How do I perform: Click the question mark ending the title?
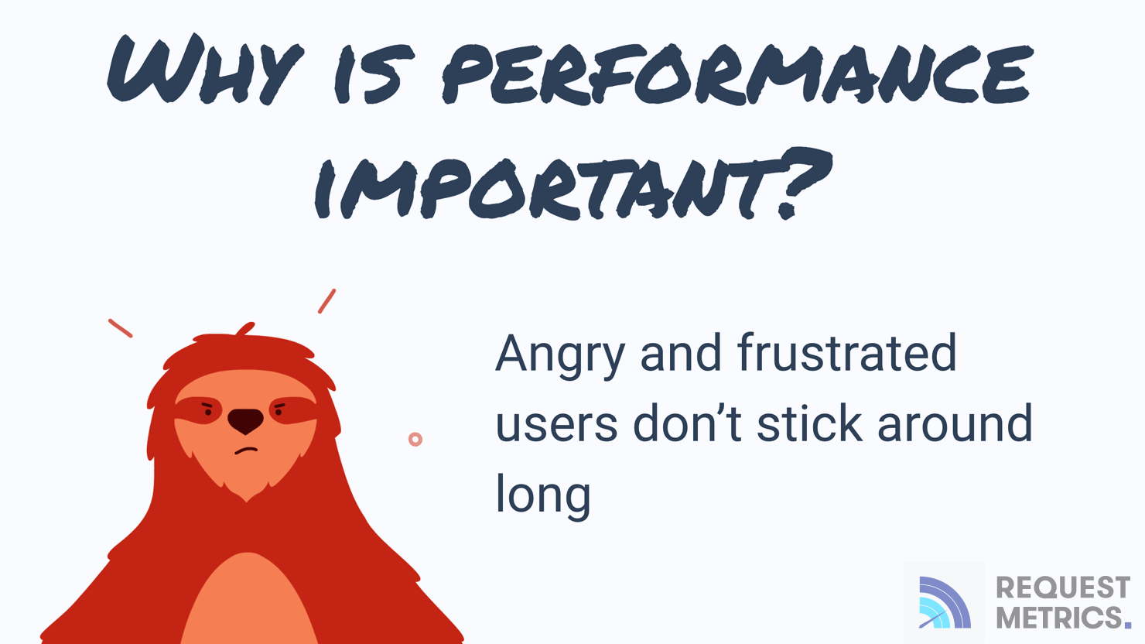(801, 182)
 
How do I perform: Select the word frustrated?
(846, 353)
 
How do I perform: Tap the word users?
(556, 425)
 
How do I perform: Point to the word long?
(543, 495)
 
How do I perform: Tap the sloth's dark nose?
(245, 420)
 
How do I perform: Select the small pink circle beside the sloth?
(415, 440)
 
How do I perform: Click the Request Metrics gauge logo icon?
(944, 602)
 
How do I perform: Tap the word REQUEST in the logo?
(1062, 588)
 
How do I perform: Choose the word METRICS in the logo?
(1058, 618)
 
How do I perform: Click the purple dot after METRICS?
(1127, 624)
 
